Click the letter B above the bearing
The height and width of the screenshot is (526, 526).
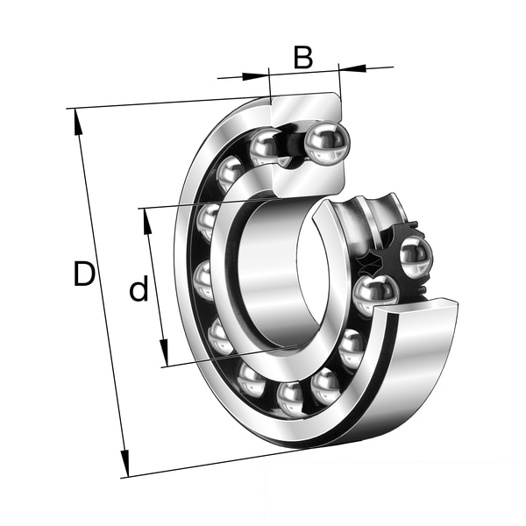302,57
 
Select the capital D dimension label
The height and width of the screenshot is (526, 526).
83,274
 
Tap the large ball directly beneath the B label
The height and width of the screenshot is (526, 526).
326,142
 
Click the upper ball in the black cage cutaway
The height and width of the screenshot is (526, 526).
415,257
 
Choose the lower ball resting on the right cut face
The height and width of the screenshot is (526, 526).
375,294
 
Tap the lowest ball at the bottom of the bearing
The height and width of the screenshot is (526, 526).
292,398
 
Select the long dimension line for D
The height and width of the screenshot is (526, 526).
101,289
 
